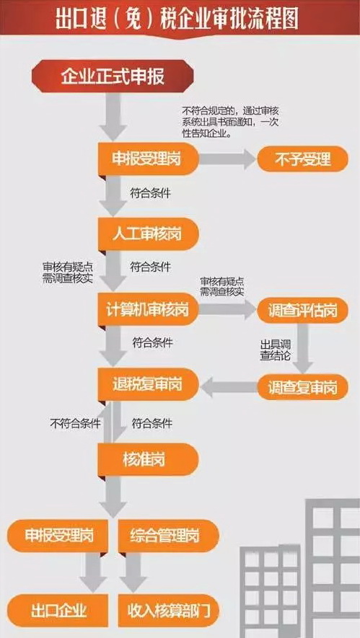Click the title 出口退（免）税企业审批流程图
coord(177,20)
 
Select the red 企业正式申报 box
coord(113,76)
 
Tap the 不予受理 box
coord(302,159)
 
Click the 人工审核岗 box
coord(147,235)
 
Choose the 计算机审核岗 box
coord(147,309)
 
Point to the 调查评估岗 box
coord(302,311)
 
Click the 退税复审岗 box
coord(147,384)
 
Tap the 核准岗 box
coord(147,459)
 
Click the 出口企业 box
coord(58,611)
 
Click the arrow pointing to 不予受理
coord(227,159)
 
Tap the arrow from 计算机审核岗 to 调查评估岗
coord(227,311)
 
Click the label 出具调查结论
coord(276,349)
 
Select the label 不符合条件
coord(75,423)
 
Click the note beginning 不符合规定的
coord(229,122)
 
